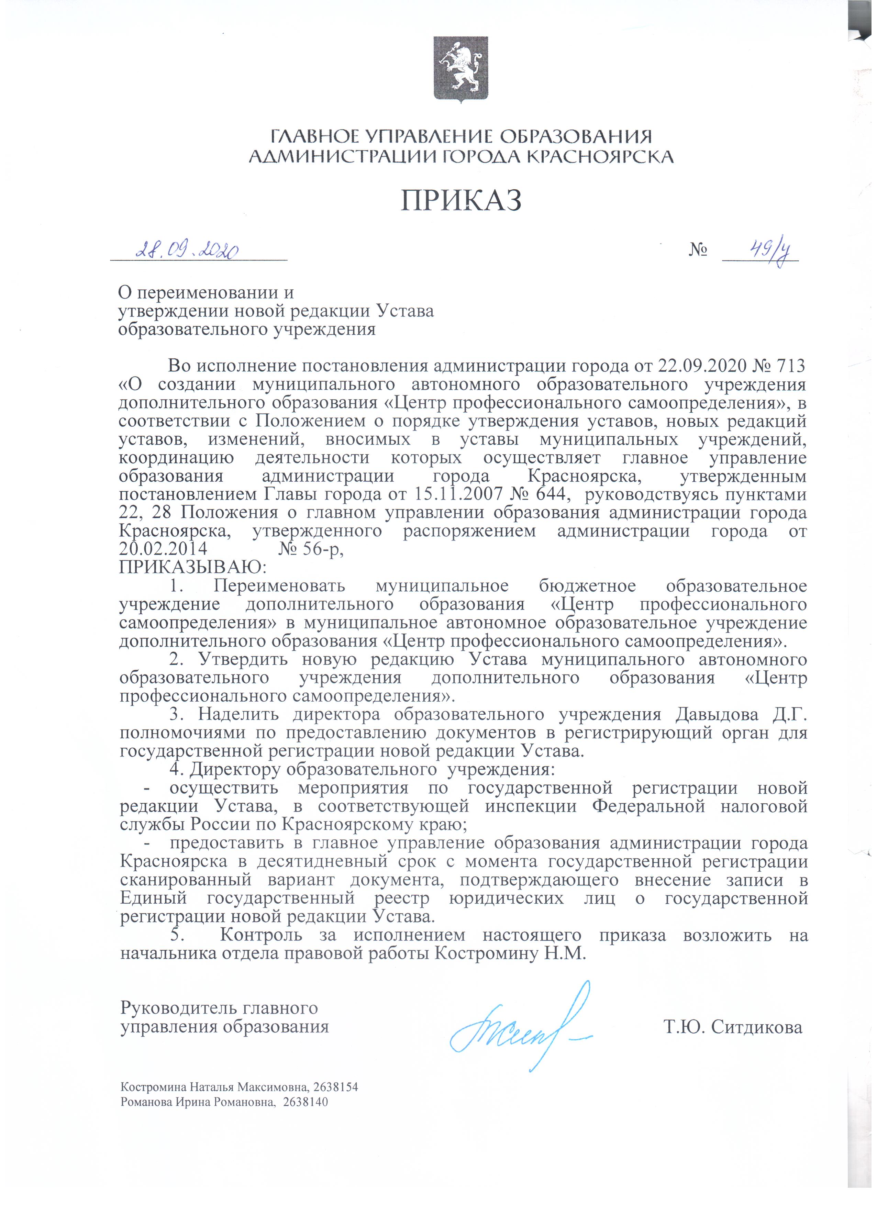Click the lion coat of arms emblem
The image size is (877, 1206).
coord(460,69)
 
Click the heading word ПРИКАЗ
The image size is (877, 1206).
coord(460,200)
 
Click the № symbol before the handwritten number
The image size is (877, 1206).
coord(698,250)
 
